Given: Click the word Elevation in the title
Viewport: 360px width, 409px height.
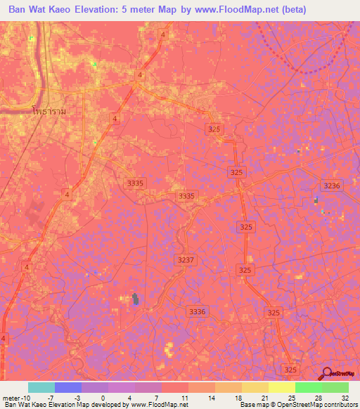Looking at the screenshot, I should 104,11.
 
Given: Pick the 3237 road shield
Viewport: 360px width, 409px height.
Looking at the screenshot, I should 185,260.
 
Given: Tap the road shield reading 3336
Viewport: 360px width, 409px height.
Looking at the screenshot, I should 198,311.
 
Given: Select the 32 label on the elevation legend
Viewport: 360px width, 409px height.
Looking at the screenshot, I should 344,398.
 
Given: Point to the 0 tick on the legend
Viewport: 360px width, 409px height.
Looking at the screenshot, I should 103,398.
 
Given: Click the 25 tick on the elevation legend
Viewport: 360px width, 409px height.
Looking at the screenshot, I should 290,398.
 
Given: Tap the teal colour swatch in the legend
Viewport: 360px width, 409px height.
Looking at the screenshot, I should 41,387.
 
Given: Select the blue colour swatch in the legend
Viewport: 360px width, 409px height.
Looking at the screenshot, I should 68,387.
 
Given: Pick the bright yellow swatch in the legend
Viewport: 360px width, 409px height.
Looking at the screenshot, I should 282,387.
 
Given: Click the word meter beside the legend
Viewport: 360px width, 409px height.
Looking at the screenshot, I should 10,398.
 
